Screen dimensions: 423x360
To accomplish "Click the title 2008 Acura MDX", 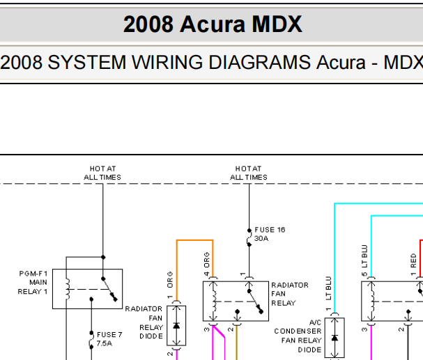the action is [x=213, y=24].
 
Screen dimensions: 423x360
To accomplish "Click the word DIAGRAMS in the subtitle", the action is [x=259, y=63].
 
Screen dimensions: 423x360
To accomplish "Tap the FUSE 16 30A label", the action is [x=270, y=234].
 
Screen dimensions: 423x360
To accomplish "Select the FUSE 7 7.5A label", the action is [x=109, y=338].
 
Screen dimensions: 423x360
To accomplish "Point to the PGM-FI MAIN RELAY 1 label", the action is [x=33, y=283].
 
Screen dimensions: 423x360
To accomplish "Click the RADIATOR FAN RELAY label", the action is [x=290, y=294].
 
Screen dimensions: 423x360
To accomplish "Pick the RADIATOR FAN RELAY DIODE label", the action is [x=144, y=322].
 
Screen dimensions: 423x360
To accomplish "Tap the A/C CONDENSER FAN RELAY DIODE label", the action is [x=298, y=336].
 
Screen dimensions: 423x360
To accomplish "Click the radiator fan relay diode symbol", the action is [x=176, y=325].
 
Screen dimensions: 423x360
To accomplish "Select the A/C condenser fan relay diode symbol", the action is [x=334, y=338].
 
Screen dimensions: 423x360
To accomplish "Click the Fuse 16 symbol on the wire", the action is [x=249, y=237].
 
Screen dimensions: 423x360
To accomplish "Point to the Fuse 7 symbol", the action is [x=91, y=340].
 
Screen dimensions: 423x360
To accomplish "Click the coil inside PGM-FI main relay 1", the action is [x=68, y=289].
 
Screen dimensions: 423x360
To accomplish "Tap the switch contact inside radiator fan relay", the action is [x=255, y=302].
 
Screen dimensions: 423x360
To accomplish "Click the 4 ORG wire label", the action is [x=207, y=264].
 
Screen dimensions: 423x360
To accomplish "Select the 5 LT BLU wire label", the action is [x=364, y=260].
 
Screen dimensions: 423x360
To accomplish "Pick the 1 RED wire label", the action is [x=413, y=265].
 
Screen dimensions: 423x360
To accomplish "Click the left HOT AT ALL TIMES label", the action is [x=102, y=173].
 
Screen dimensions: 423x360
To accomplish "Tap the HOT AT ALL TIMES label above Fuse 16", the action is [x=249, y=173].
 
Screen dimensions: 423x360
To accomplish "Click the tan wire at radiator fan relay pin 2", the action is [x=237, y=343].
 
